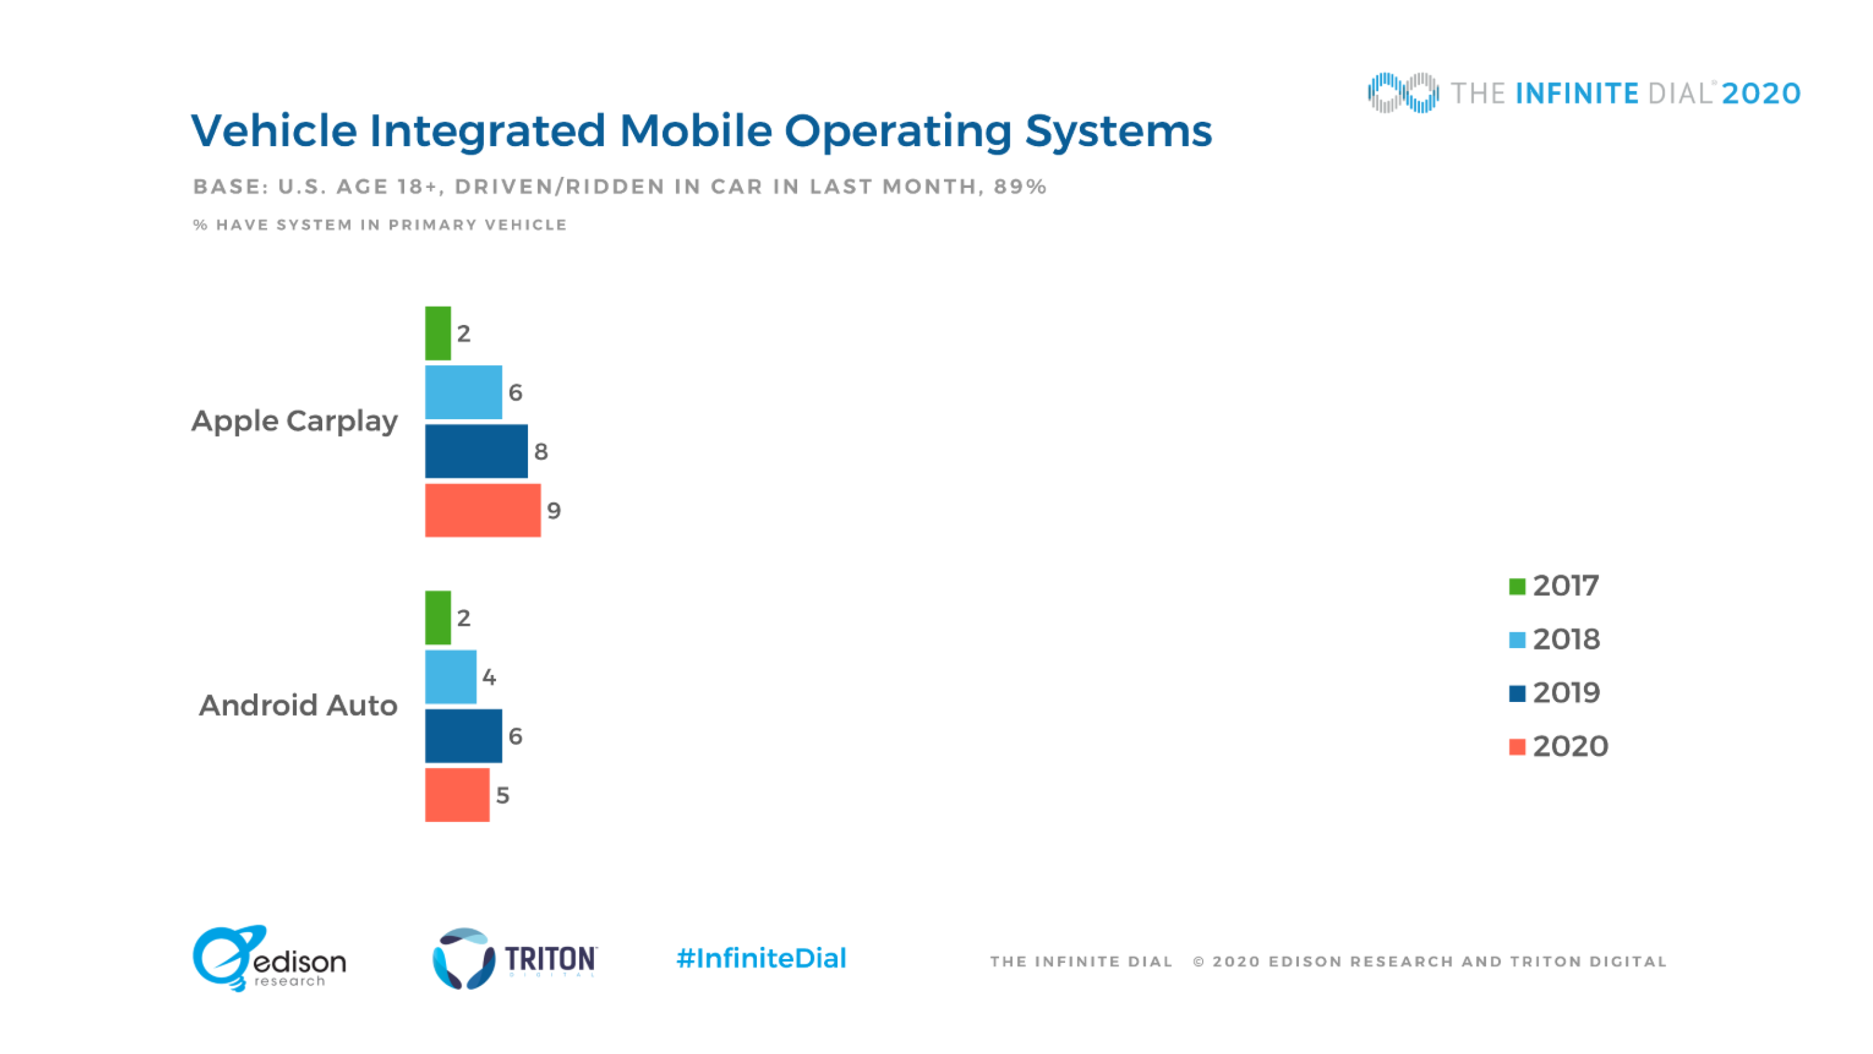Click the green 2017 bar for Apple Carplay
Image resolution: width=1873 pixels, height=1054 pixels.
point(438,333)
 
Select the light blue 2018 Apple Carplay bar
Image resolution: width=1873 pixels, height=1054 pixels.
point(463,392)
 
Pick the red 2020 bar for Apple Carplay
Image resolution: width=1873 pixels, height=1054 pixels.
point(483,510)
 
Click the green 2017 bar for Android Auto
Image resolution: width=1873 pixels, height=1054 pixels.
point(438,617)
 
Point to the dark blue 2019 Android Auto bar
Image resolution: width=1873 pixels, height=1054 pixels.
point(463,735)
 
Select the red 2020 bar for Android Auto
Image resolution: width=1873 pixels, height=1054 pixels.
point(458,795)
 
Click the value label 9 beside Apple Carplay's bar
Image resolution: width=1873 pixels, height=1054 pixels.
point(554,510)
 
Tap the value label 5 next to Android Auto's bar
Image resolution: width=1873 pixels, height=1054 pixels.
point(502,795)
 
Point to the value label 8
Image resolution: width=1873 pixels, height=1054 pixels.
point(541,452)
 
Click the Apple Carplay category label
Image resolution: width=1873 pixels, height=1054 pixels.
point(295,421)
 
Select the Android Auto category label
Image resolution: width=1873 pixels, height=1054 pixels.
point(298,706)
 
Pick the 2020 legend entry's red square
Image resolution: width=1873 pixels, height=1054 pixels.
point(1517,747)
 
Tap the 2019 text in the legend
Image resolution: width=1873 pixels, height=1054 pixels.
point(1566,692)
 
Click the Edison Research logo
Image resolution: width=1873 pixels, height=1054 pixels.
point(269,958)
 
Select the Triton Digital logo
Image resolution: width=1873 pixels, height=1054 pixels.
point(515,958)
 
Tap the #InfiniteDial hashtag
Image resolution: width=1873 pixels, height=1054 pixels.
point(761,958)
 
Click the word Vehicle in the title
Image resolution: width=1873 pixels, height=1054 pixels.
point(274,131)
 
